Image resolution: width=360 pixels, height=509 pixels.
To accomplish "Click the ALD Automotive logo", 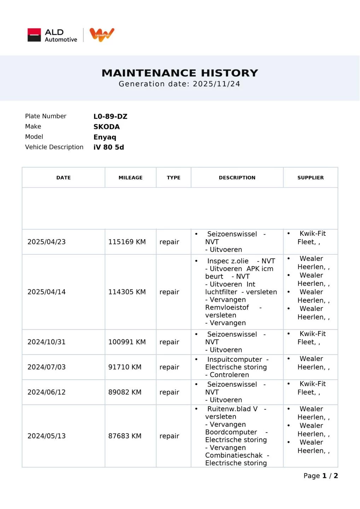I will tap(52, 35).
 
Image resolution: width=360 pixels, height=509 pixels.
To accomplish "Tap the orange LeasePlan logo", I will tap(102, 35).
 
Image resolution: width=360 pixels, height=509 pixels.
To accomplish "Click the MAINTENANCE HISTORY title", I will tap(180, 73).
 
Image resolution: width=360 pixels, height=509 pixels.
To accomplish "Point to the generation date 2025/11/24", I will tap(216, 84).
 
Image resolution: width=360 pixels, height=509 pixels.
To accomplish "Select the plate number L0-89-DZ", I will tap(110, 117).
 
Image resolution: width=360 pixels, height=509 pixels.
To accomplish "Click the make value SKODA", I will tap(106, 127).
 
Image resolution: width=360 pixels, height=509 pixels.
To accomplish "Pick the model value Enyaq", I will tap(105, 137).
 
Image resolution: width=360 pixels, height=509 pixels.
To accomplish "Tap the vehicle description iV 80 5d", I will tap(109, 147).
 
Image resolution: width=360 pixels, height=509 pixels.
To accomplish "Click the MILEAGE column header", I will tap(130, 178).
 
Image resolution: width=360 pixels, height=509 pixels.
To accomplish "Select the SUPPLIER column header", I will tap(310, 178).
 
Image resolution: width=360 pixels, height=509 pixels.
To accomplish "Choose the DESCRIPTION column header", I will tap(237, 178).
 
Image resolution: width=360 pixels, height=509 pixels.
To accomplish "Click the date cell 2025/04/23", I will tap(47, 242).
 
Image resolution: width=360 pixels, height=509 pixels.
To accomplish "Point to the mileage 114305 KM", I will tap(127, 292).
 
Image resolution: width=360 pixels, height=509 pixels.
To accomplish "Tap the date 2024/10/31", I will tap(47, 342).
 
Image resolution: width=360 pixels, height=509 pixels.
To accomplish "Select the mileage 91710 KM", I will tap(125, 367).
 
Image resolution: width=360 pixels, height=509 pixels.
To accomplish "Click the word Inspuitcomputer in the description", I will tap(234, 359).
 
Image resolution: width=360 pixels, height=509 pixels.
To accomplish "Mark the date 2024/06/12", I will tap(47, 392).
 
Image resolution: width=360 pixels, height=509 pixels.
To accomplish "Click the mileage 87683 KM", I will tap(125, 436).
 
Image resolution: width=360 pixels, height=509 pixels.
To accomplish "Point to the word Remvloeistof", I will tap(227, 308).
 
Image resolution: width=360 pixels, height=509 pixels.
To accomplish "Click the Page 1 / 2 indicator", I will tap(320, 476).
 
